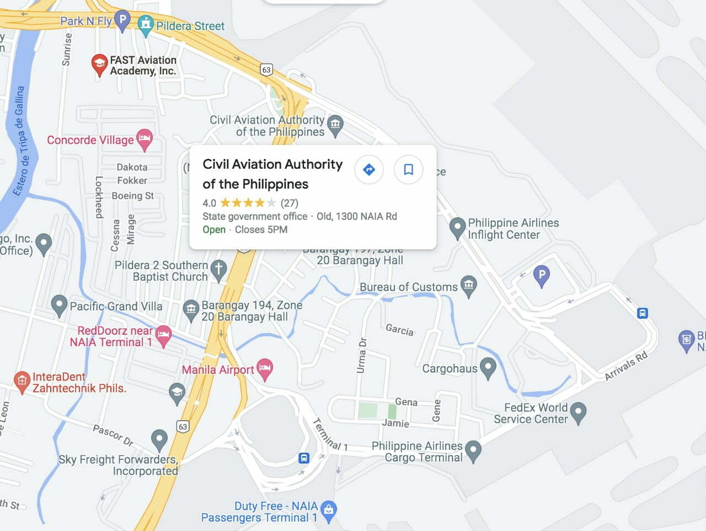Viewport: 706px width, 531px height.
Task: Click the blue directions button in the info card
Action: tap(369, 169)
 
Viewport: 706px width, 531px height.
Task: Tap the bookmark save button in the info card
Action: tap(408, 169)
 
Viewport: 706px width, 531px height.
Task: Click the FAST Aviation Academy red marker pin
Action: tap(99, 64)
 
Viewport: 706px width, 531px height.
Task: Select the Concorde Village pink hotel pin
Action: tap(145, 140)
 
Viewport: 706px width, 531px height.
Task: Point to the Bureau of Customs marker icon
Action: tap(469, 286)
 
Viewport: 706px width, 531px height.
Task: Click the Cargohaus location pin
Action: tap(488, 368)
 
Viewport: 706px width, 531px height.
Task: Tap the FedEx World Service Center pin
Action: tap(578, 412)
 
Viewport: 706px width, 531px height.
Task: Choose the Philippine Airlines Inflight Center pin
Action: tap(457, 227)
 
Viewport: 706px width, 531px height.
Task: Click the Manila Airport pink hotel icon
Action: tap(265, 369)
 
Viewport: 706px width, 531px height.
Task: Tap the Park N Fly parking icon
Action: tap(122, 20)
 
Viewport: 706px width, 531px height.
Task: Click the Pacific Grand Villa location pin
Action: tap(59, 305)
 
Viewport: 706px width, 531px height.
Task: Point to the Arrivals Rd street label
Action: tap(626, 366)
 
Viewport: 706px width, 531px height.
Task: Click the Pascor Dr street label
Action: tap(113, 435)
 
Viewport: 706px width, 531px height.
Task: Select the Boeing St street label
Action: tap(133, 196)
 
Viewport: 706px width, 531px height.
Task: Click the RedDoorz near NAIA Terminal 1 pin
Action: tap(163, 335)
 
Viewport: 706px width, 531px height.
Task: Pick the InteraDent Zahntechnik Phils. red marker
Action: tap(22, 382)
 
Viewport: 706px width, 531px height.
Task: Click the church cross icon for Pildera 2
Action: tap(219, 270)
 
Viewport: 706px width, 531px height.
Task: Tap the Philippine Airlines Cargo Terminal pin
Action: tap(473, 450)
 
